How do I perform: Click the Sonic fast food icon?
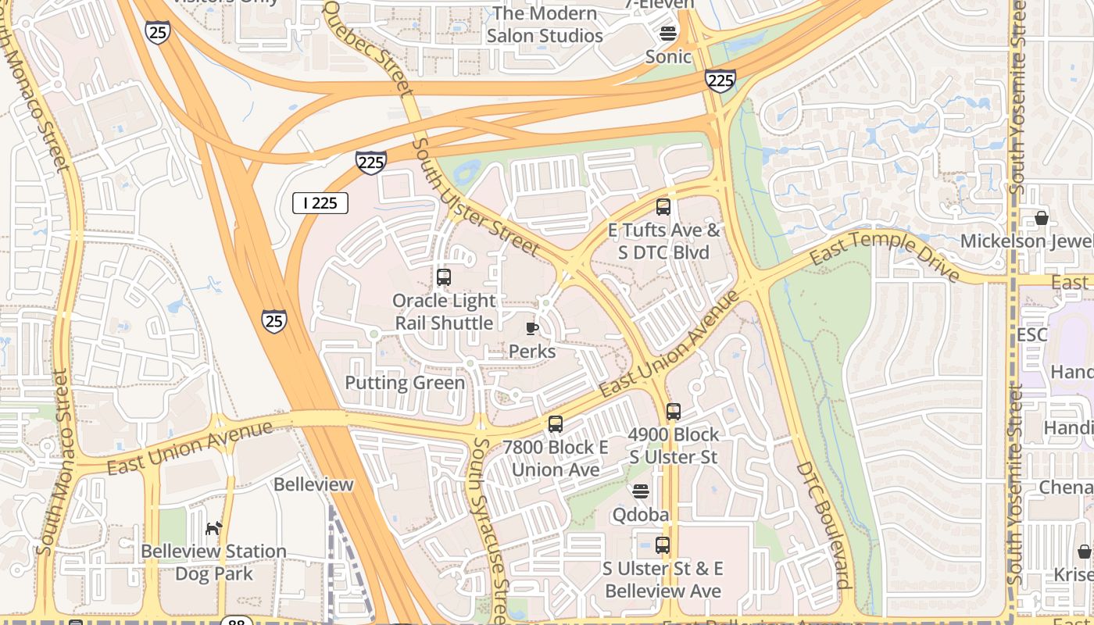(668, 33)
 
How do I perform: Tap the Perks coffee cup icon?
(532, 328)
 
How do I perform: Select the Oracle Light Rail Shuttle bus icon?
(444, 277)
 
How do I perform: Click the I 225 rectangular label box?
(320, 203)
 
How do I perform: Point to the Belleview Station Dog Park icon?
(213, 529)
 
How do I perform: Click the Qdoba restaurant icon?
(641, 491)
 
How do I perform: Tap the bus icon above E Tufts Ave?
(663, 207)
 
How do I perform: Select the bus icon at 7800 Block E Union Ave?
(556, 424)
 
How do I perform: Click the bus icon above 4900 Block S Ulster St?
(674, 412)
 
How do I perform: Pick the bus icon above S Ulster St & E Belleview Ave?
(663, 545)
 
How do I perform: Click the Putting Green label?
(405, 383)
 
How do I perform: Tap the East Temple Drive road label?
(885, 255)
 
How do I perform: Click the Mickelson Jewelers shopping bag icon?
(1042, 218)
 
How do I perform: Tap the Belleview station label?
(313, 484)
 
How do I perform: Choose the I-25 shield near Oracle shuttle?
(273, 321)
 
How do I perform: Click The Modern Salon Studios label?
(545, 25)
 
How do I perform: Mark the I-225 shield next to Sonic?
(720, 80)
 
